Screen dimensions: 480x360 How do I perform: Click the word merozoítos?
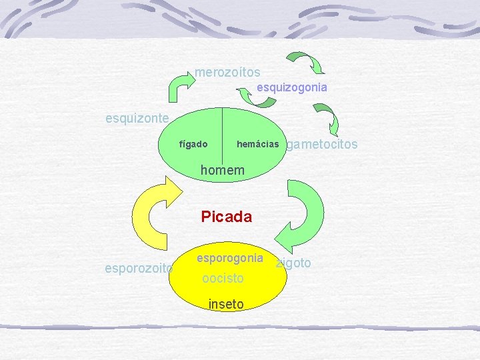[x=227, y=72]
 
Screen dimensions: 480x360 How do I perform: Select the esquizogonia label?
[x=292, y=87]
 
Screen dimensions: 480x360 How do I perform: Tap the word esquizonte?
[x=138, y=119]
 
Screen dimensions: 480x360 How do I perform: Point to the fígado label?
[x=193, y=144]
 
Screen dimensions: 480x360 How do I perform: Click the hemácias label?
[x=257, y=144]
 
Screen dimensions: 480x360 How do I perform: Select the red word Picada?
[x=227, y=217]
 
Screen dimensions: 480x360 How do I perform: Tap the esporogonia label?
[x=230, y=257]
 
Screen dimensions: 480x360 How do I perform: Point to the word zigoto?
[x=294, y=263]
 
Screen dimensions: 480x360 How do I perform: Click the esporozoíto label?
[x=139, y=269]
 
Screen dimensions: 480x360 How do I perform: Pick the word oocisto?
[x=223, y=278]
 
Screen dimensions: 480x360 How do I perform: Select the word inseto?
[x=226, y=304]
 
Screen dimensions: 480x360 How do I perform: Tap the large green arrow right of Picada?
[x=303, y=213]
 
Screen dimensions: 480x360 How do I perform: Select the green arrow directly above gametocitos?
[x=328, y=120]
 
